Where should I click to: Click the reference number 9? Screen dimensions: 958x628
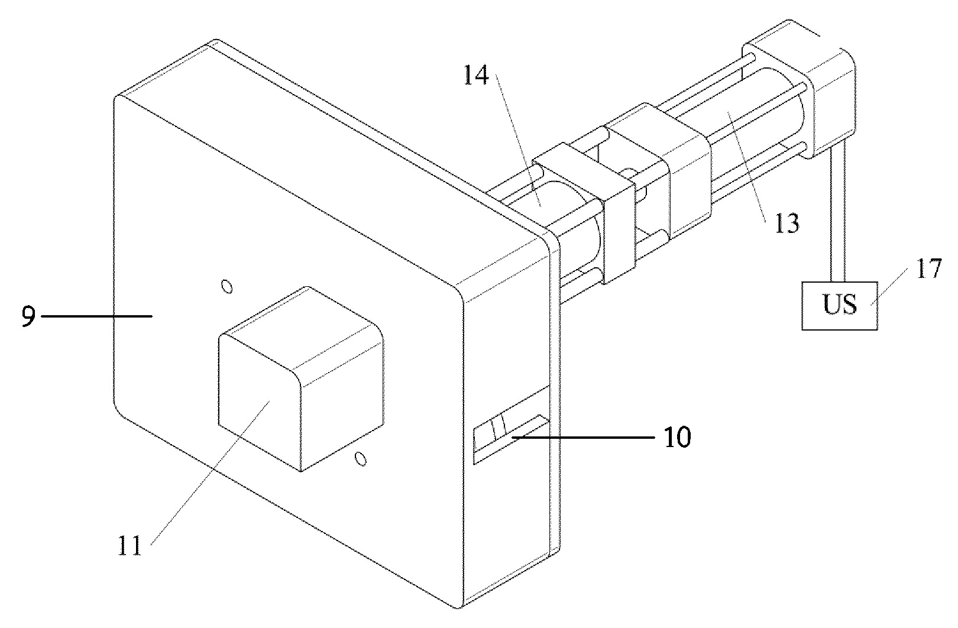point(28,316)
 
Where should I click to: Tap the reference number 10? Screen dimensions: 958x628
point(678,437)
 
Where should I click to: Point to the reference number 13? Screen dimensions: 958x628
point(787,224)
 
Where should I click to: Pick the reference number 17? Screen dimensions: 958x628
point(928,268)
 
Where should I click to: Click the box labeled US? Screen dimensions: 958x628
point(840,306)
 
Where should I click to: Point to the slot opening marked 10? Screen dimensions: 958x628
point(511,439)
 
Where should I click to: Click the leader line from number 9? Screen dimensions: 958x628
point(96,316)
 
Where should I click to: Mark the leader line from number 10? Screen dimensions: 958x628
point(583,437)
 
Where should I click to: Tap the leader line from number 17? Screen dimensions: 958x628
point(889,287)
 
